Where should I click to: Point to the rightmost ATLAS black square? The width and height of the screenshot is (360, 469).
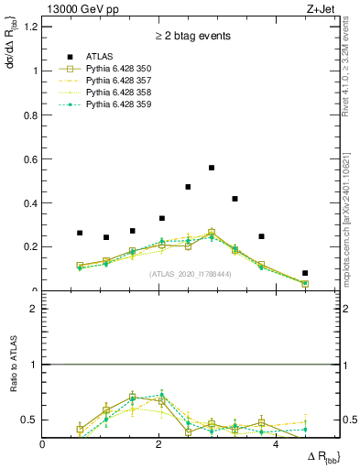coord(305,273)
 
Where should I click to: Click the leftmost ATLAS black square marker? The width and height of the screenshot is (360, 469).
coord(80,233)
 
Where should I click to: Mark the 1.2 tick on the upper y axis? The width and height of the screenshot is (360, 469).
coord(30,27)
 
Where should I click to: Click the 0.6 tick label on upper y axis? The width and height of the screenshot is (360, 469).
coord(30,158)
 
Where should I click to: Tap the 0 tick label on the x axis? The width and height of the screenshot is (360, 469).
coord(43,444)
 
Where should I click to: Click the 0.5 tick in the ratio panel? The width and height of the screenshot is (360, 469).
coord(30,420)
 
